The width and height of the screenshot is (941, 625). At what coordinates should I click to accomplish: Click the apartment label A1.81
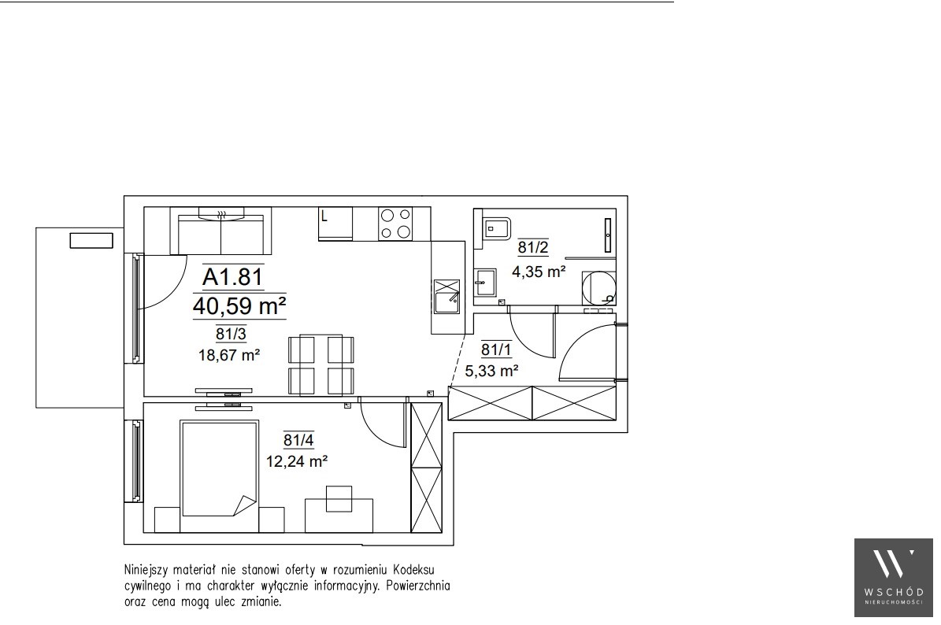point(233,276)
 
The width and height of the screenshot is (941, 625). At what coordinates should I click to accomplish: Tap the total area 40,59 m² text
point(239,306)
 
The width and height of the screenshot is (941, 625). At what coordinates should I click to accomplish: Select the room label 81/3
point(231,334)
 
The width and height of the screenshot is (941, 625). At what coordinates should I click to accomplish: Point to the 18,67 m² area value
point(228,355)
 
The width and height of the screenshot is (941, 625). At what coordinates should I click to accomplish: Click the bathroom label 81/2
point(533,247)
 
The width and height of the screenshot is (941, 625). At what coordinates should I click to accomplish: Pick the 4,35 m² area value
point(539,272)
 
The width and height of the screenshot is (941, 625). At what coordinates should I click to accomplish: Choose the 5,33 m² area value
point(491,372)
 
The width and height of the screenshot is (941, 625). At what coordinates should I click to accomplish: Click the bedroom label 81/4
point(298,440)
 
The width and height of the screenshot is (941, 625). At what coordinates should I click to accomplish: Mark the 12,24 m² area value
point(296,461)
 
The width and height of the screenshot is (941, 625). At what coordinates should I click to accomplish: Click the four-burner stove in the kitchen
point(396,223)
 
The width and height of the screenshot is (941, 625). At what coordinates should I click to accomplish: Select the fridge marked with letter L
point(335,224)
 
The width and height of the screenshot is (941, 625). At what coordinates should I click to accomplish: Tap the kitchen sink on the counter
point(447,297)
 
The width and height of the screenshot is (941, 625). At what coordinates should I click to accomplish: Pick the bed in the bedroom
point(220,476)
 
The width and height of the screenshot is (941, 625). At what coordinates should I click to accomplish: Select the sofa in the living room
point(220,231)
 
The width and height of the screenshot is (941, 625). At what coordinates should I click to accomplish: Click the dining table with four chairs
point(321,365)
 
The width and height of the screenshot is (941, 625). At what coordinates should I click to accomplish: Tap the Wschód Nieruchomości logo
point(894,578)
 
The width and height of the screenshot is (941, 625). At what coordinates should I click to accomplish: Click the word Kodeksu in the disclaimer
point(414,569)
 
